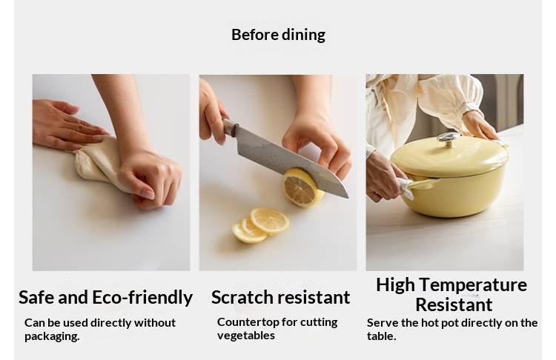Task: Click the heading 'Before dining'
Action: tap(278, 35)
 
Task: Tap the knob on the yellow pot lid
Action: tap(448, 139)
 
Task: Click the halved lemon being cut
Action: tap(302, 187)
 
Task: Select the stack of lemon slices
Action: tap(261, 225)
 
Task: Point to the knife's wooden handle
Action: tap(231, 127)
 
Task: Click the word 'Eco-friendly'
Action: tap(142, 297)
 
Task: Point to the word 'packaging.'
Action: tap(52, 336)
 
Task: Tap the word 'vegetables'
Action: tap(245, 336)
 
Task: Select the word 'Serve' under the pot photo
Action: tap(380, 323)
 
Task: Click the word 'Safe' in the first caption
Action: tap(36, 297)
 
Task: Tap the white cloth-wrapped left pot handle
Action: tap(406, 188)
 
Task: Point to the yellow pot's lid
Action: tap(450, 156)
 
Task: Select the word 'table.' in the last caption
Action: tap(382, 336)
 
